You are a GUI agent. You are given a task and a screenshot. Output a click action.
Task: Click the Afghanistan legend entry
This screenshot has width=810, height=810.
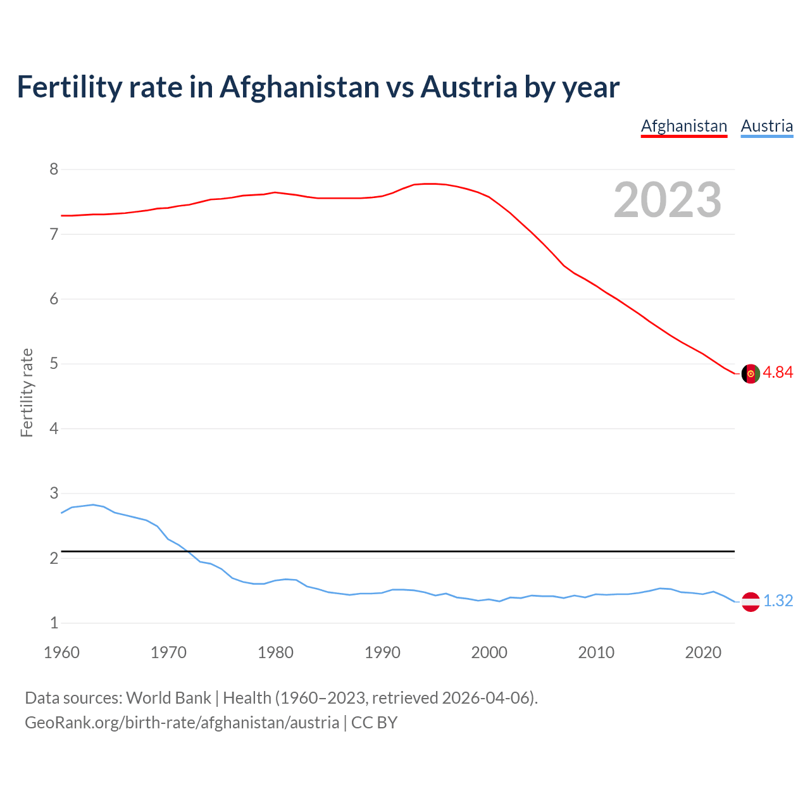(684, 126)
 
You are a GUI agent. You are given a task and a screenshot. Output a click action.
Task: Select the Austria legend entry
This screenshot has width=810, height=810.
(766, 126)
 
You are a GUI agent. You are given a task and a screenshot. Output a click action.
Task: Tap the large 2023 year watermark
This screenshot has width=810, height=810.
(667, 200)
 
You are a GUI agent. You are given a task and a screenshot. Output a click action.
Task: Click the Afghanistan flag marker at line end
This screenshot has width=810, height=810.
(751, 373)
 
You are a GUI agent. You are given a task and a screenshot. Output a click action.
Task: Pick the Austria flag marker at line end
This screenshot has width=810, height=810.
(751, 602)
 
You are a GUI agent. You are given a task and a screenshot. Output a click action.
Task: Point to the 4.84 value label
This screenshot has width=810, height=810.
(778, 373)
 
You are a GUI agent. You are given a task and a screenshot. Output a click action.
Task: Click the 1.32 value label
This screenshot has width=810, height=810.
(778, 601)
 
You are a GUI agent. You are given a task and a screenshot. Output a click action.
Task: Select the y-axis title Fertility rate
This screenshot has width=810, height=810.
(27, 392)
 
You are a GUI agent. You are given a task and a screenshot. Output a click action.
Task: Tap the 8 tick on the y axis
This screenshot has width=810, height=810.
(54, 169)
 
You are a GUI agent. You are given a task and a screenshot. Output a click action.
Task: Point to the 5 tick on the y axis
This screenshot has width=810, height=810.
(54, 364)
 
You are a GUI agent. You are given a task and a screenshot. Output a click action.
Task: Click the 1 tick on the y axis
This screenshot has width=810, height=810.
(54, 623)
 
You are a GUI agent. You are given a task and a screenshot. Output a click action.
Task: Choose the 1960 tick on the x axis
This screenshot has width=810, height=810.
(61, 652)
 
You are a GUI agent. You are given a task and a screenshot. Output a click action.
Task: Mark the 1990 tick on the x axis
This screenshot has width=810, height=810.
(382, 652)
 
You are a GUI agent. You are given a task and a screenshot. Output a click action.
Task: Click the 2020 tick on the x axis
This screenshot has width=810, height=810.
(703, 652)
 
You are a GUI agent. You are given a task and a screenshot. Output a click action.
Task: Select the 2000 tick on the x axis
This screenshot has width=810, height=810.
(489, 652)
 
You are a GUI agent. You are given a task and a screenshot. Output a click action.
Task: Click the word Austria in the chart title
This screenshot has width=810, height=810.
(469, 87)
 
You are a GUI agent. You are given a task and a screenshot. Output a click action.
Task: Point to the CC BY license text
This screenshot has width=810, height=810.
(374, 723)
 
